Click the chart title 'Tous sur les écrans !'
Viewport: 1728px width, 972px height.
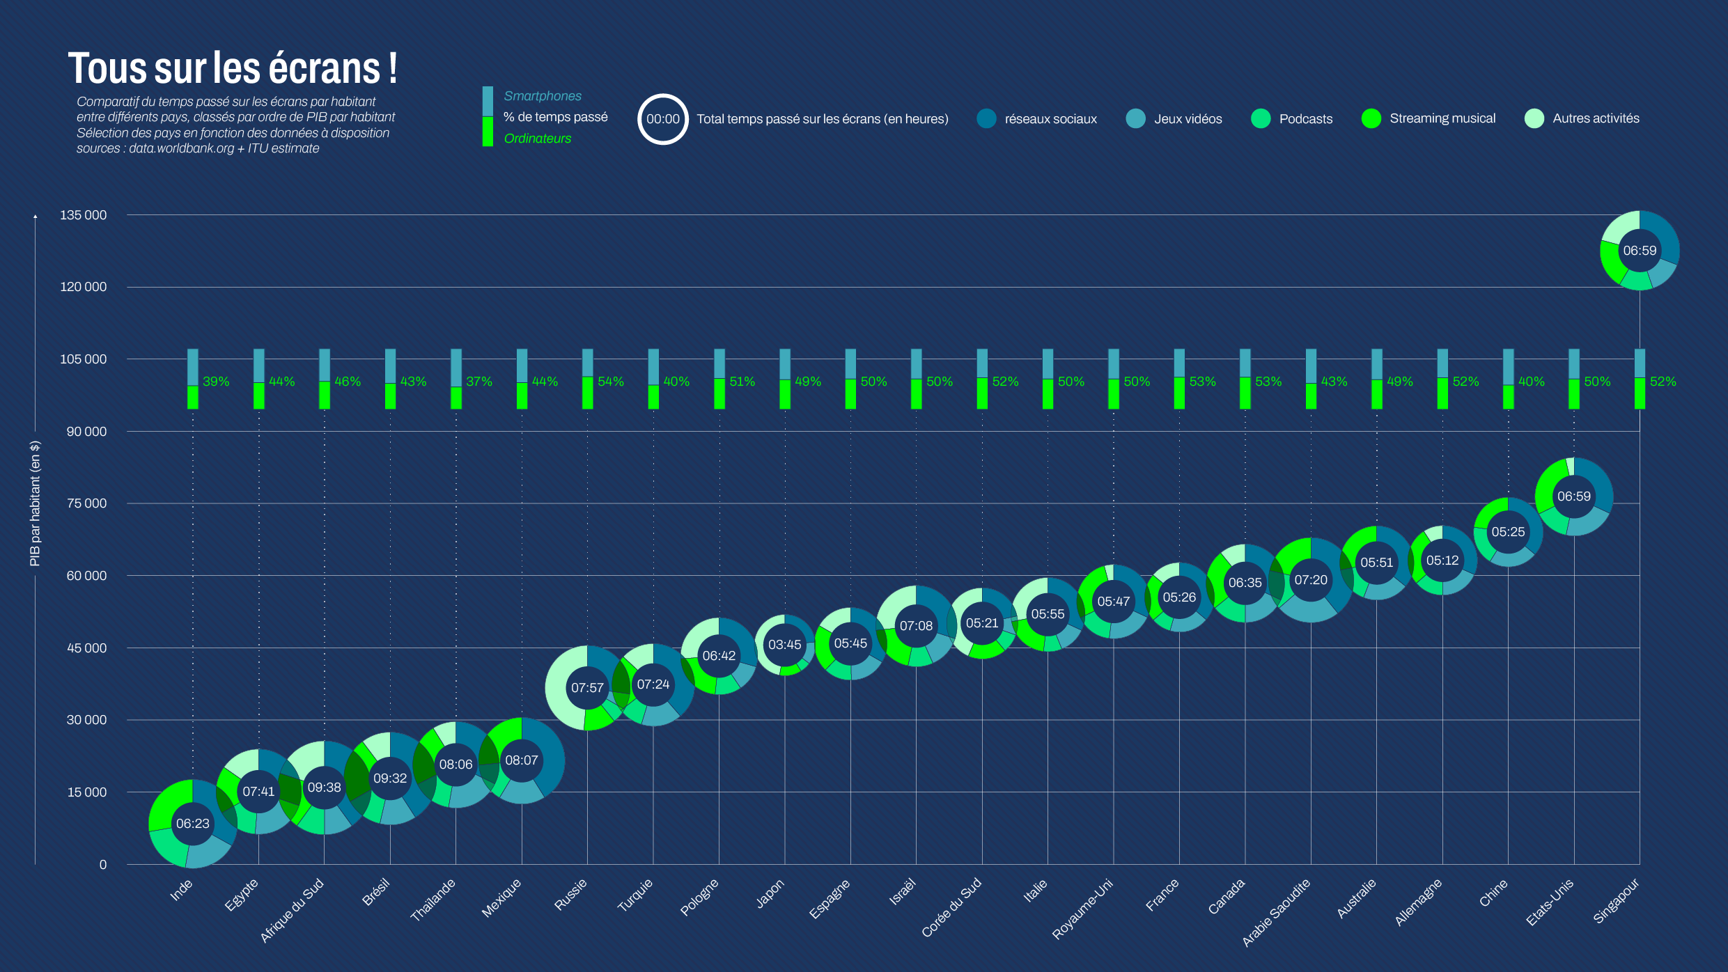point(233,68)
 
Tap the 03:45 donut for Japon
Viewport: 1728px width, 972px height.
point(785,645)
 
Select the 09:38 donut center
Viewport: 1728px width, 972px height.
point(325,787)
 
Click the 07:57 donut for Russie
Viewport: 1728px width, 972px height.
point(587,688)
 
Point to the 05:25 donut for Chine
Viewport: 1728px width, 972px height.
point(1508,532)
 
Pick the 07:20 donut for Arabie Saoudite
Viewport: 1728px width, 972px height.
point(1311,580)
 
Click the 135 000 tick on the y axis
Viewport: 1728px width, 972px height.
point(83,215)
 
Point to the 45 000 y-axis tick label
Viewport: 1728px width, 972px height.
point(86,648)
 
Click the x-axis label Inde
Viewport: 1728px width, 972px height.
point(181,890)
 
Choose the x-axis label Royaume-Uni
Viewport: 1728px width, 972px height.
point(1082,909)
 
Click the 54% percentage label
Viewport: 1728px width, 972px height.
point(611,382)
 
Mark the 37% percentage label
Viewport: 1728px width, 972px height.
point(479,382)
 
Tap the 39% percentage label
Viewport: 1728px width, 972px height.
point(216,382)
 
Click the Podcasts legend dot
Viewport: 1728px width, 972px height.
point(1261,119)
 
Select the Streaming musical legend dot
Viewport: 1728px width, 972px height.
point(1371,119)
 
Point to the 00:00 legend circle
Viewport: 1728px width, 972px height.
point(662,119)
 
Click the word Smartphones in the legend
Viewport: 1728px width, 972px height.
point(543,96)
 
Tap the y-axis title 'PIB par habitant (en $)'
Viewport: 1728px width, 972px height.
point(35,503)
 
